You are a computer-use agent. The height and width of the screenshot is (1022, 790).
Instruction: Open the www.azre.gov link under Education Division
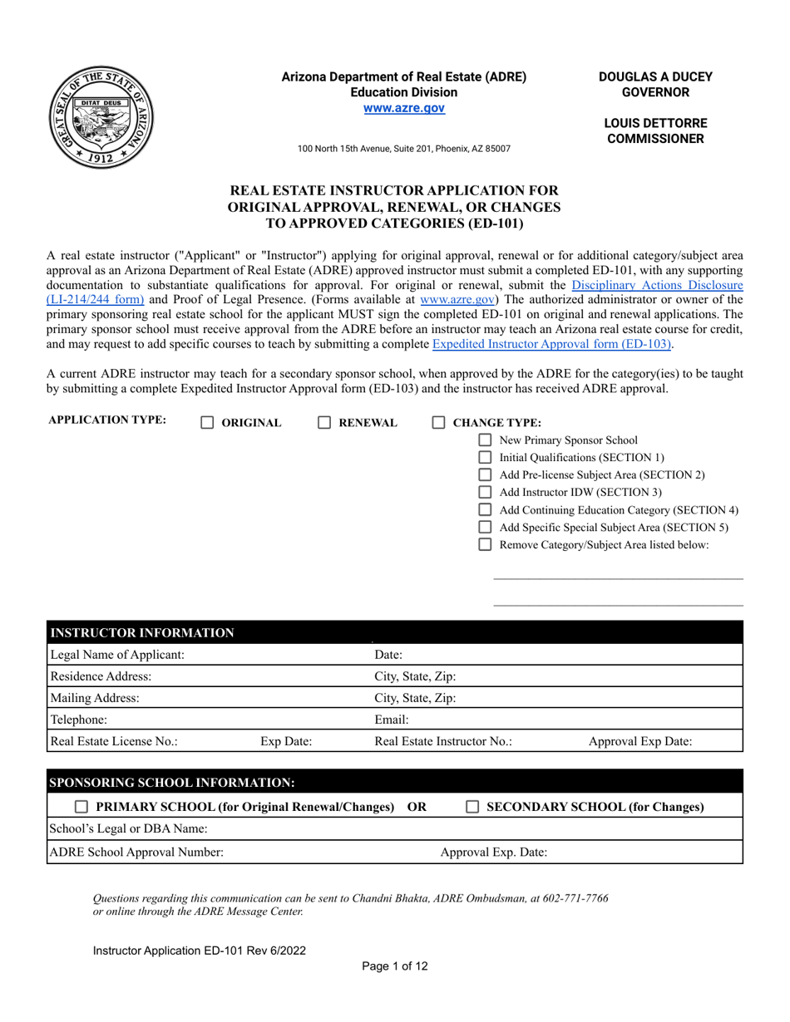point(403,108)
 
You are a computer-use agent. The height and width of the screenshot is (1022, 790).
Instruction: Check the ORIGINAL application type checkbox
point(208,423)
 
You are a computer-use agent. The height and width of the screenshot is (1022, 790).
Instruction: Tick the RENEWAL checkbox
point(325,423)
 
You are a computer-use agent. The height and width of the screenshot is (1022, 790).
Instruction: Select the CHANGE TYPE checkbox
point(439,423)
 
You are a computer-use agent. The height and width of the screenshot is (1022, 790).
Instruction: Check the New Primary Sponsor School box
point(486,440)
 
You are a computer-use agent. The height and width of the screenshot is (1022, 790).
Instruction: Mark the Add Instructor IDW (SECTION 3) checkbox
point(486,493)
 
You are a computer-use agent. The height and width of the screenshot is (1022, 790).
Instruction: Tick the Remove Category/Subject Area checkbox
point(486,545)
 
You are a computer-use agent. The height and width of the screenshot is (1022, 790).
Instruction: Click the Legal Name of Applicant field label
point(117,655)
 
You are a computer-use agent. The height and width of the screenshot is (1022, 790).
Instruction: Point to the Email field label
point(392,720)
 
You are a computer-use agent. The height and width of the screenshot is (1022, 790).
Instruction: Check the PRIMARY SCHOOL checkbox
point(82,807)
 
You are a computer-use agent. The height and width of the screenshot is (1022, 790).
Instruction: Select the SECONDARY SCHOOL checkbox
point(472,807)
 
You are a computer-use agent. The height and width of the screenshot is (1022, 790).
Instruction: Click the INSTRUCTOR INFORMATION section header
point(142,633)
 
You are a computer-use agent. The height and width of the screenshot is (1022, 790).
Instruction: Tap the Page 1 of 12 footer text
point(395,966)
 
